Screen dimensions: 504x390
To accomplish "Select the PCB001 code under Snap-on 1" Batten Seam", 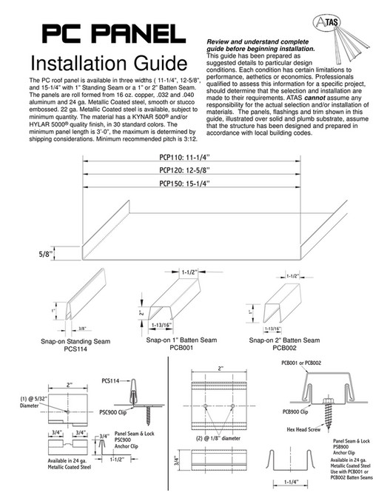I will click(183, 347).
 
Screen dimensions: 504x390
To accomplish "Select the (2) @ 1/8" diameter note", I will click(219, 437).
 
